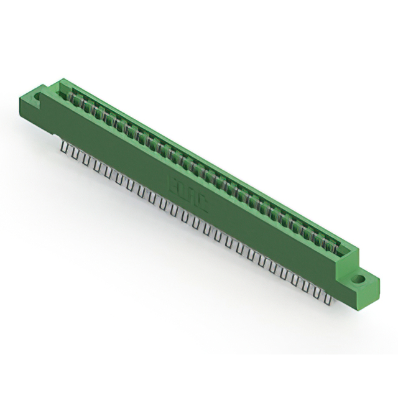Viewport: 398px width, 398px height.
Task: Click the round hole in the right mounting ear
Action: [359, 280]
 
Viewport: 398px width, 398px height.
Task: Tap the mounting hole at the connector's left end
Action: [37, 97]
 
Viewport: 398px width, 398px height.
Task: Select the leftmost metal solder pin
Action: [65, 147]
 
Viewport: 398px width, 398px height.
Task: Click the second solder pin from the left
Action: [72, 152]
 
